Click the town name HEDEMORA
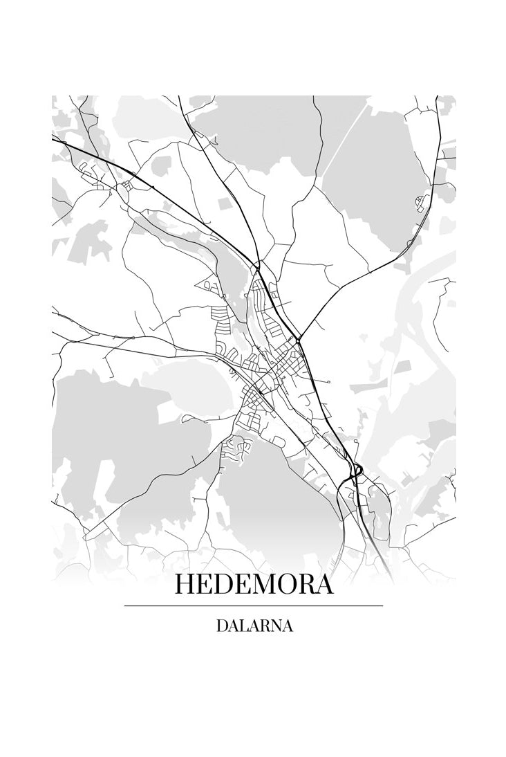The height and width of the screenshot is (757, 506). coord(254,584)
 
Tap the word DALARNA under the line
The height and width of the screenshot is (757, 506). coord(254,626)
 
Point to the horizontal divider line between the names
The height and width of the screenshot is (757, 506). coord(254,605)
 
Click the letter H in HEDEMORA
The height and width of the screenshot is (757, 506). coord(185,584)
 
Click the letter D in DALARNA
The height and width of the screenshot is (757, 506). coord(222,626)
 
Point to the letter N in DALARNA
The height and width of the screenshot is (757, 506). coord(274,626)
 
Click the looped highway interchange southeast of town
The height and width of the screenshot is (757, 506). coord(356,473)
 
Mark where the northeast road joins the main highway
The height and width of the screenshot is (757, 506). coord(298,340)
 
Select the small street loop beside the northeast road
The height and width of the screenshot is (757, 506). coord(418,202)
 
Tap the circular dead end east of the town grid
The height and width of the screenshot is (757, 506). coord(330,381)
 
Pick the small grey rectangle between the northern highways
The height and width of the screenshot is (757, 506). coord(225,203)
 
